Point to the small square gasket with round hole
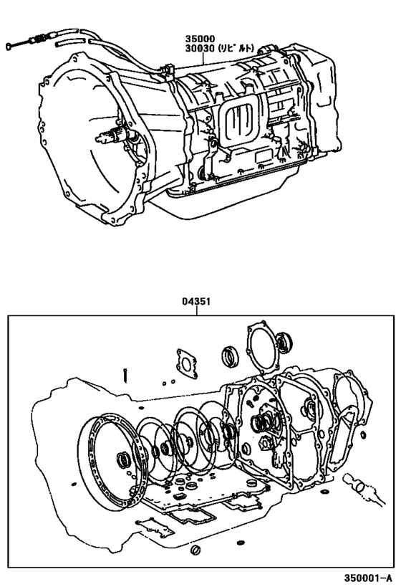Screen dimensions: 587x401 click(x=187, y=363)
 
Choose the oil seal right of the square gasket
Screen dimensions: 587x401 click(x=231, y=355)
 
